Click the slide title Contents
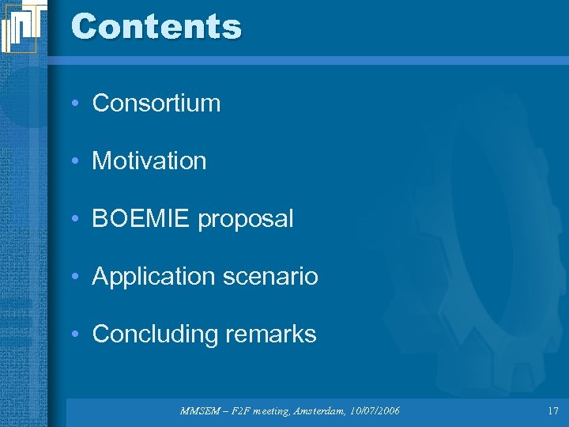(x=156, y=26)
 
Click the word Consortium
(x=156, y=103)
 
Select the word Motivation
(x=149, y=161)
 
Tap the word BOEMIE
(x=142, y=218)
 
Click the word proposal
(x=246, y=219)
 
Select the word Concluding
(x=155, y=334)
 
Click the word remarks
(x=270, y=334)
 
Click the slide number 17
(x=552, y=410)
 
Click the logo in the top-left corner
(x=19, y=26)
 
